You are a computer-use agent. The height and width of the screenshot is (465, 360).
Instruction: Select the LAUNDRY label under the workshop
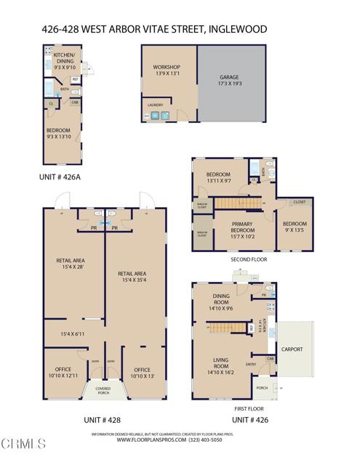(x=156, y=105)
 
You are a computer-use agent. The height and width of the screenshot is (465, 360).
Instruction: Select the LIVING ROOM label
(x=222, y=363)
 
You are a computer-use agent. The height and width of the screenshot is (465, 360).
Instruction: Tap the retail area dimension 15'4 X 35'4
(x=135, y=278)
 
